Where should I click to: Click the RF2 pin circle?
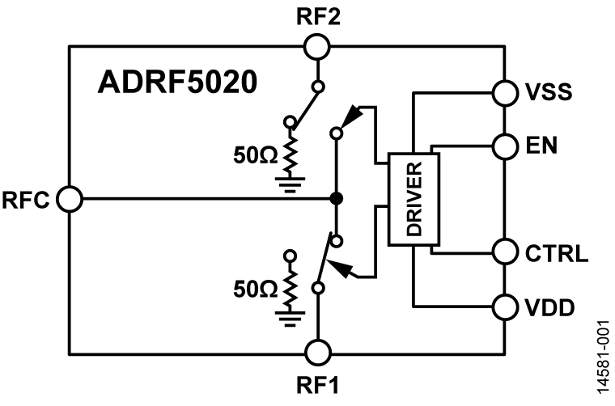click(317, 47)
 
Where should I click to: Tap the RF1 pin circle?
click(317, 353)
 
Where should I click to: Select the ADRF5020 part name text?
click(178, 82)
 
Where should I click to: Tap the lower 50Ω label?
click(252, 288)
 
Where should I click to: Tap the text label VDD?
click(550, 307)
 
